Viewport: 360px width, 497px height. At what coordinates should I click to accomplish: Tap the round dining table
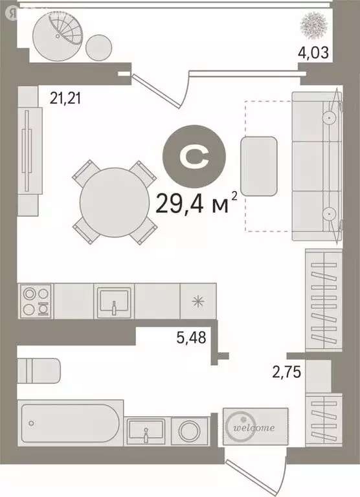(x=114, y=201)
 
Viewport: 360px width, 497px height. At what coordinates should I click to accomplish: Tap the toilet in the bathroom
(x=39, y=371)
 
